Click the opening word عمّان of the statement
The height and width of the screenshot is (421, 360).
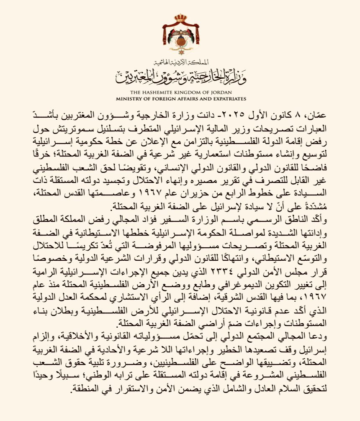coord(315,115)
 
